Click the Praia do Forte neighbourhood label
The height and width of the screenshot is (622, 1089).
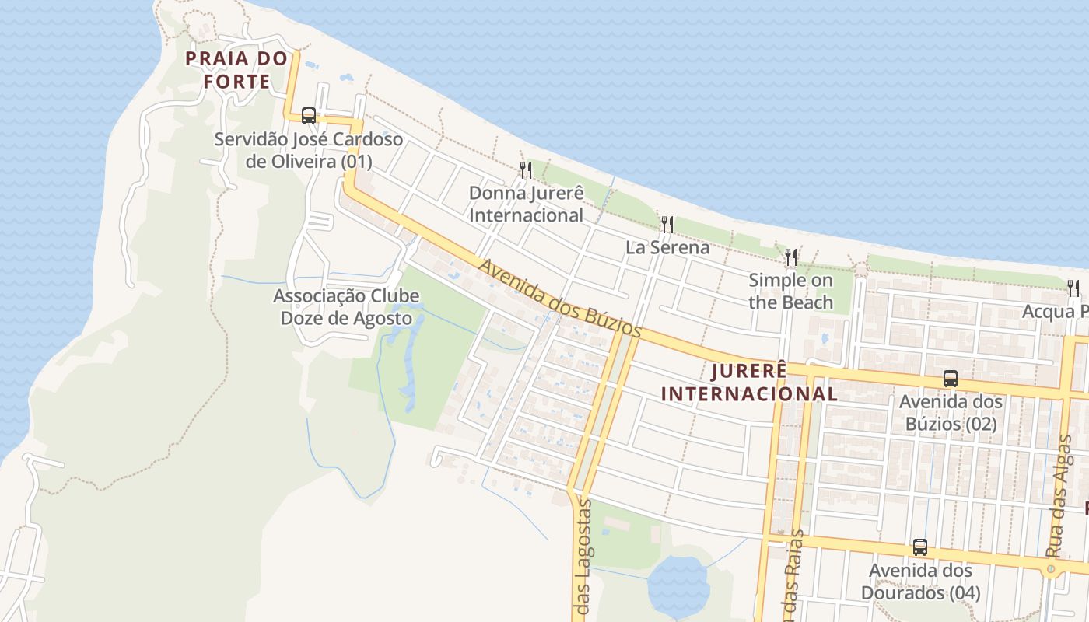[x=228, y=69]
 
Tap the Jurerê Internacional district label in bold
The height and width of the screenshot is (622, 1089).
[x=749, y=382]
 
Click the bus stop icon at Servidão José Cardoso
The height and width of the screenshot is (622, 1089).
[x=309, y=116]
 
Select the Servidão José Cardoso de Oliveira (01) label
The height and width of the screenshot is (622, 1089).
[x=309, y=151]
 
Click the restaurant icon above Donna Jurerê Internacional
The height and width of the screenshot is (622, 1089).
[x=526, y=169]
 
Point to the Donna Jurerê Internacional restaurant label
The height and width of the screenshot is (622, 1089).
[x=526, y=204]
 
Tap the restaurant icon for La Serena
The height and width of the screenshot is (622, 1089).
[x=667, y=225]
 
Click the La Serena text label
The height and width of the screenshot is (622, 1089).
[x=667, y=247]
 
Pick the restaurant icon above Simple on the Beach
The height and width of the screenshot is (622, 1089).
[x=790, y=257]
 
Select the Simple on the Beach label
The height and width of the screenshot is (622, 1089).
[x=790, y=291]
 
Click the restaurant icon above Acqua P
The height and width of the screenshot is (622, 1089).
[x=1073, y=288]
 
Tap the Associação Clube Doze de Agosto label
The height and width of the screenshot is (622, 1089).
[x=346, y=307]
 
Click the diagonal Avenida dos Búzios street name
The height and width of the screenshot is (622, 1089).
[x=559, y=298]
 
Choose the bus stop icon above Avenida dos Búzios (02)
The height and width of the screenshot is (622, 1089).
[x=950, y=379]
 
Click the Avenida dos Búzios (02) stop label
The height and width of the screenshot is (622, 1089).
[x=950, y=413]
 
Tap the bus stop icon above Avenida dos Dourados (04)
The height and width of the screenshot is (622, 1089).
[x=920, y=547]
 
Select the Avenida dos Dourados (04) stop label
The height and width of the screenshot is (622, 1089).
[x=920, y=582]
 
